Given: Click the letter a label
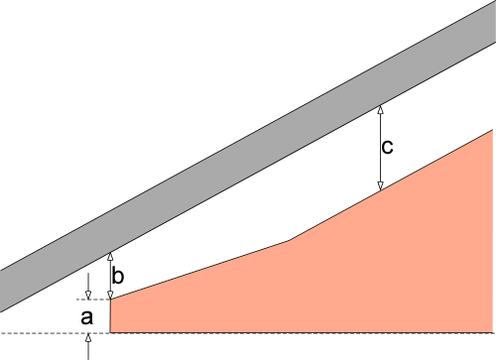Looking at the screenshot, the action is pos(87,317).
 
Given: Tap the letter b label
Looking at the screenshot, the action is pos(118,276).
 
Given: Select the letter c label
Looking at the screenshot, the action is pos(387,147).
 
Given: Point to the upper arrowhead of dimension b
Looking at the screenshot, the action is pos(110,257).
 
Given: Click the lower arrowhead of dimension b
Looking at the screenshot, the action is pos(110,295).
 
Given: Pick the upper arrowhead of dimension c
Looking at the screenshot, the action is pos(380,110).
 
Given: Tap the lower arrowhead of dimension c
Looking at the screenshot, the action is pos(380,185).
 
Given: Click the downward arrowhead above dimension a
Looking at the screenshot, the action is pos(88,295).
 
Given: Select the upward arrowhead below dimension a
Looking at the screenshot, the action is pos(88,338).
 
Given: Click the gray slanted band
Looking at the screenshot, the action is pos(248,157).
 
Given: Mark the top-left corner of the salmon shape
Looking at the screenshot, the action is pos(110,300).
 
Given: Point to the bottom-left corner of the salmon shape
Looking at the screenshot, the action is pos(110,332).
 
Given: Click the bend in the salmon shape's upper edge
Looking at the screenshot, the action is pos(290,241).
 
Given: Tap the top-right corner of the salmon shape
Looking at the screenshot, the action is pos(493,130).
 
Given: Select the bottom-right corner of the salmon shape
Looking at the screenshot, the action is pos(493,332).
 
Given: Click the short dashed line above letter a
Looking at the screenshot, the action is pos(93,300).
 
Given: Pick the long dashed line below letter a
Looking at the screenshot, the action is pos(248,333).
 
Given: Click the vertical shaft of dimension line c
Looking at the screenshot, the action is pos(380,148).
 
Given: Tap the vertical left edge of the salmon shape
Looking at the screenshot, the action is pos(110,316).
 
